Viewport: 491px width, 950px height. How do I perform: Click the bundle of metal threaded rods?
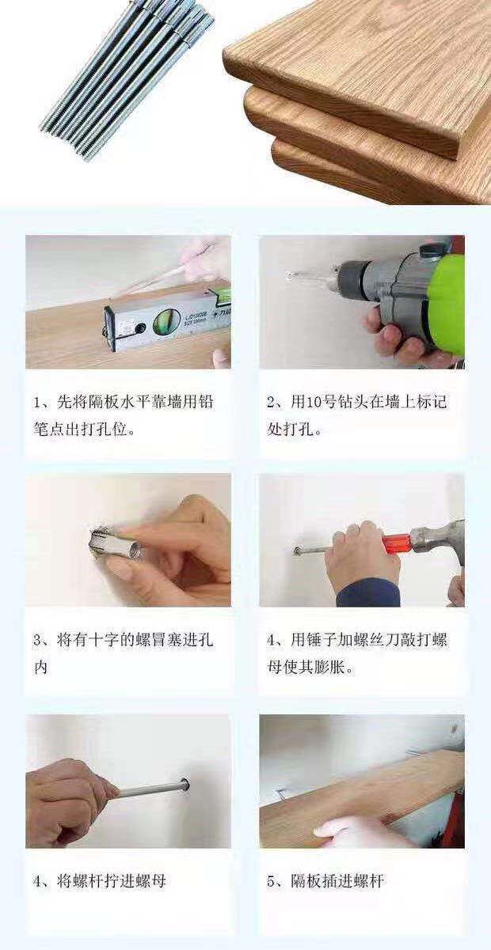click(x=127, y=81)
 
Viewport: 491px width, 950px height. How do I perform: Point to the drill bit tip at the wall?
click(x=288, y=276)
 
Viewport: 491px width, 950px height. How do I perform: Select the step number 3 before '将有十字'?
click(x=38, y=641)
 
